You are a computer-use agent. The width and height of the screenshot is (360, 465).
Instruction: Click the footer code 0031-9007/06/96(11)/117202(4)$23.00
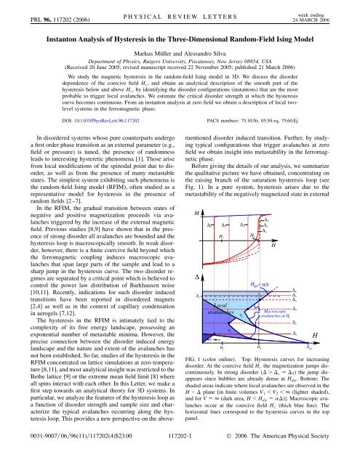pyautogui.click(x=63, y=456)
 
